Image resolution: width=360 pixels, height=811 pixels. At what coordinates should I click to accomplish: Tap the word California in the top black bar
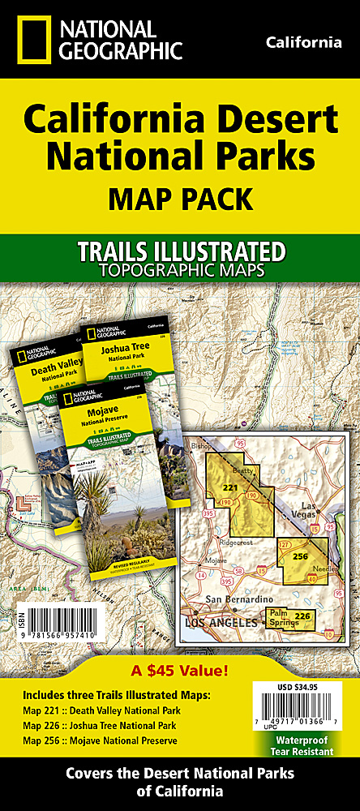(x=303, y=43)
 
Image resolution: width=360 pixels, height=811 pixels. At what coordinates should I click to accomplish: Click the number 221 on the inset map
(x=230, y=488)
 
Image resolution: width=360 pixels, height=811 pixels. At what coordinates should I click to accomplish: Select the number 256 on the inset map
(x=301, y=556)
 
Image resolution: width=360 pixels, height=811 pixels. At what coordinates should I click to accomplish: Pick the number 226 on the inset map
(x=302, y=616)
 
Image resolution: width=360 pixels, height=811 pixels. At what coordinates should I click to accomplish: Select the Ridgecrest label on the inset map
(x=235, y=538)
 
